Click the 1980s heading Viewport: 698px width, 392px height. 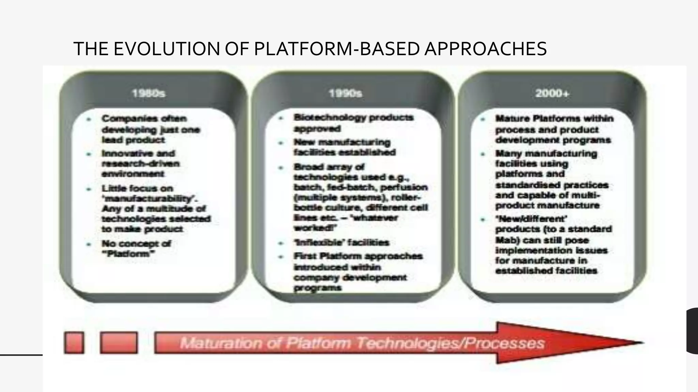[x=148, y=93]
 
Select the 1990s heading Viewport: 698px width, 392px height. [x=345, y=93]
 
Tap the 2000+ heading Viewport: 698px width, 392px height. [x=552, y=93]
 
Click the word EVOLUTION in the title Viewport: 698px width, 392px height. [x=167, y=49]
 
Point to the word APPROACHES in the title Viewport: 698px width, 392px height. [x=486, y=49]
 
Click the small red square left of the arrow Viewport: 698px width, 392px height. [x=74, y=343]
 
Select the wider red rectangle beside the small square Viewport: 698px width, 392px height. [x=119, y=343]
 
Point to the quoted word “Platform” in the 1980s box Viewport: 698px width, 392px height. [x=128, y=254]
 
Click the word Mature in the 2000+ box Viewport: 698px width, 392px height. [x=512, y=119]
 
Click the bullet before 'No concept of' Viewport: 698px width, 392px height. [x=89, y=244]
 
